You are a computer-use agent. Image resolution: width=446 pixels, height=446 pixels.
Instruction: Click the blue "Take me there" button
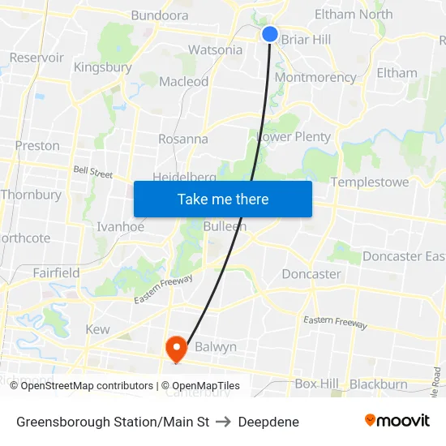coord(223,199)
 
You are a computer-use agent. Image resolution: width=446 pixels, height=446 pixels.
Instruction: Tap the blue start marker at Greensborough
coord(270,33)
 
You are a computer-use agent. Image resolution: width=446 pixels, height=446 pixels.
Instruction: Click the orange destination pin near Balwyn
coord(176,349)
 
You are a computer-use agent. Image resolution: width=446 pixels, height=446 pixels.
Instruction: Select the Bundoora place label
coord(160,15)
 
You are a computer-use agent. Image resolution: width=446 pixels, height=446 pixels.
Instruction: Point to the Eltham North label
coord(354,14)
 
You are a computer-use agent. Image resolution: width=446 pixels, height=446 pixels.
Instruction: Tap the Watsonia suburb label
coord(215,49)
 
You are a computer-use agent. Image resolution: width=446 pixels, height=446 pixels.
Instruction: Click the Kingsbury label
coord(103,66)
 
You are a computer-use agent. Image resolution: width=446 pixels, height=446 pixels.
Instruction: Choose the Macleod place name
coord(183,81)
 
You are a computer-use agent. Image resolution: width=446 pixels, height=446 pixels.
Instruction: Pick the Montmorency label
coord(315,77)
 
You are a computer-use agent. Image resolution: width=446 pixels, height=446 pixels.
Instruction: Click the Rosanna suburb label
coord(182,139)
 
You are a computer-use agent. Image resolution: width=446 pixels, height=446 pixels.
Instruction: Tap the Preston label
coord(37,145)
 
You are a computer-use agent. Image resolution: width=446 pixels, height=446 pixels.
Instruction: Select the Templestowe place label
coord(370,182)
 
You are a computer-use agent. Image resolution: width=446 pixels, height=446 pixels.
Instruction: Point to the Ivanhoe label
coord(120,227)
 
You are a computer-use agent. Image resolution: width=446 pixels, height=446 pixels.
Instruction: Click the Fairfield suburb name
coord(56,272)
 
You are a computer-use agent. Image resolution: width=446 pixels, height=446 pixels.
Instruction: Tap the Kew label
coord(97,329)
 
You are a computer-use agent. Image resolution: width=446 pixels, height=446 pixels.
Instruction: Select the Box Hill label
coord(316,384)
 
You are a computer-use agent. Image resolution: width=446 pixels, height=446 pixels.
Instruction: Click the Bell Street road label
coord(93,172)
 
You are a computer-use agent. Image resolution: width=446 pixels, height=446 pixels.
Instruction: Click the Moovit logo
coord(397,421)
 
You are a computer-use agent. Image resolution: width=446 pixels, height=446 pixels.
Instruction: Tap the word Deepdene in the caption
coord(268,422)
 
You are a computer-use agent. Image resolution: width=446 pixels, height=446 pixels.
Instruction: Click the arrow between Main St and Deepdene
coord(224,422)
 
